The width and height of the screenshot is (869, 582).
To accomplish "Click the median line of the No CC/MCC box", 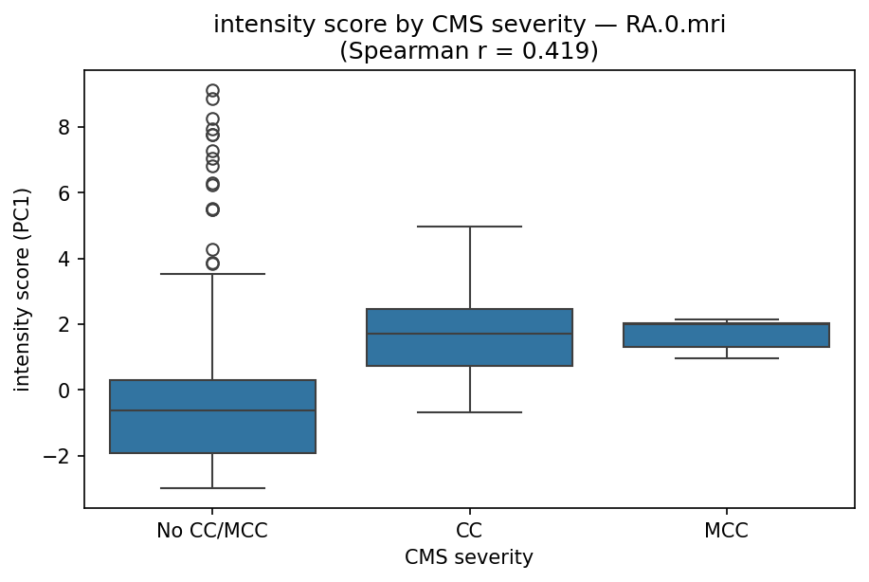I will (x=212, y=410).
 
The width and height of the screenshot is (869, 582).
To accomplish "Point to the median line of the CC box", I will (x=470, y=334).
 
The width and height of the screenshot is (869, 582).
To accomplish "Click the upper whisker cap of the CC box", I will (x=470, y=227).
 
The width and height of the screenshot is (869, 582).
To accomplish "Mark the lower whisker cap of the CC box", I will (x=470, y=412).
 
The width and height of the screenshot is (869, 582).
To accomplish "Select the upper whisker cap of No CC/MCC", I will (x=212, y=274).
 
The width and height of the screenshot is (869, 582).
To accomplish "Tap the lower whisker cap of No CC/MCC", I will (x=212, y=488).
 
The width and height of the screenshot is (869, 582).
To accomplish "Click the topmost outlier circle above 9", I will (x=212, y=91).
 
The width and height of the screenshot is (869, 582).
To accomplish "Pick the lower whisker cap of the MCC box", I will (x=727, y=358).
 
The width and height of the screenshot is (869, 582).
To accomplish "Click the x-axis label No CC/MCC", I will (x=212, y=531).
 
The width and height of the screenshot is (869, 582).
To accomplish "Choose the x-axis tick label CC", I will (x=470, y=531).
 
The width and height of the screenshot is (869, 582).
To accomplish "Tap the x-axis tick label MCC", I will (x=727, y=531).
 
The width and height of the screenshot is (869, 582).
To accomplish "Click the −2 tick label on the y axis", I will (x=63, y=456).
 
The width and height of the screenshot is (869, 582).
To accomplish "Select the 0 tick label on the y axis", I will (x=70, y=391).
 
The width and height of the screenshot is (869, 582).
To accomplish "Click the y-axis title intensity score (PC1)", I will (x=23, y=289).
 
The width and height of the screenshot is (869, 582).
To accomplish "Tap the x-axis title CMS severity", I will (x=469, y=558).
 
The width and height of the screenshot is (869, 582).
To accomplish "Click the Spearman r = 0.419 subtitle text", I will (x=469, y=50).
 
